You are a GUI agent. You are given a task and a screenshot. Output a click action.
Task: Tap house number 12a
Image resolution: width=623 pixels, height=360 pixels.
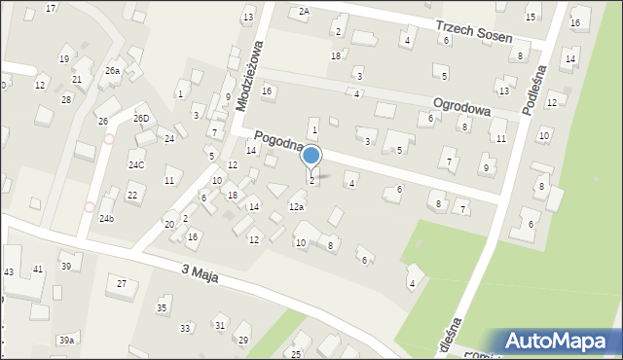point(296,206)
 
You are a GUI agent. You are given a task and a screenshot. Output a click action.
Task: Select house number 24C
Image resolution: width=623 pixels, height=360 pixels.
point(135,165)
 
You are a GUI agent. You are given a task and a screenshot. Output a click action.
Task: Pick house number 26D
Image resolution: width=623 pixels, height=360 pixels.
point(141,119)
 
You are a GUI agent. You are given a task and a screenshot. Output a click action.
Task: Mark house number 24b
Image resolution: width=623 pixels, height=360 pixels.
point(106,219)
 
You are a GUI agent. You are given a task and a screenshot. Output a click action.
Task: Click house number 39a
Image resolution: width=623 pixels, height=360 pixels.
point(66,340)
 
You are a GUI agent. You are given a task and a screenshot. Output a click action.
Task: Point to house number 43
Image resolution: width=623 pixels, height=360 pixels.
point(9,270)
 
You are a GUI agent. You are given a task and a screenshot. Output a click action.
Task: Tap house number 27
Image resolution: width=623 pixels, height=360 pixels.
point(122,283)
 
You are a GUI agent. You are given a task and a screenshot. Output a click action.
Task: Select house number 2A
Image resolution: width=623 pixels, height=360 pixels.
point(304,11)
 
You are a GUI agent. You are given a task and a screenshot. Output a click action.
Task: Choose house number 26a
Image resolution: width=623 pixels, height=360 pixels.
point(112,71)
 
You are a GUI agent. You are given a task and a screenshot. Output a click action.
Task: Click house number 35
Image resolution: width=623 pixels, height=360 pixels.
point(162,308)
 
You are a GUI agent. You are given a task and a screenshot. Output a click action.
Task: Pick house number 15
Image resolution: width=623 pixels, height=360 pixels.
point(531,18)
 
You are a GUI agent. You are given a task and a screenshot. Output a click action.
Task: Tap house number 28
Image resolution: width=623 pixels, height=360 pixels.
point(66,99)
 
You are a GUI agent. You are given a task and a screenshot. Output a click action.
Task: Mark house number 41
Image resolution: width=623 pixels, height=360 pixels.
point(38,269)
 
